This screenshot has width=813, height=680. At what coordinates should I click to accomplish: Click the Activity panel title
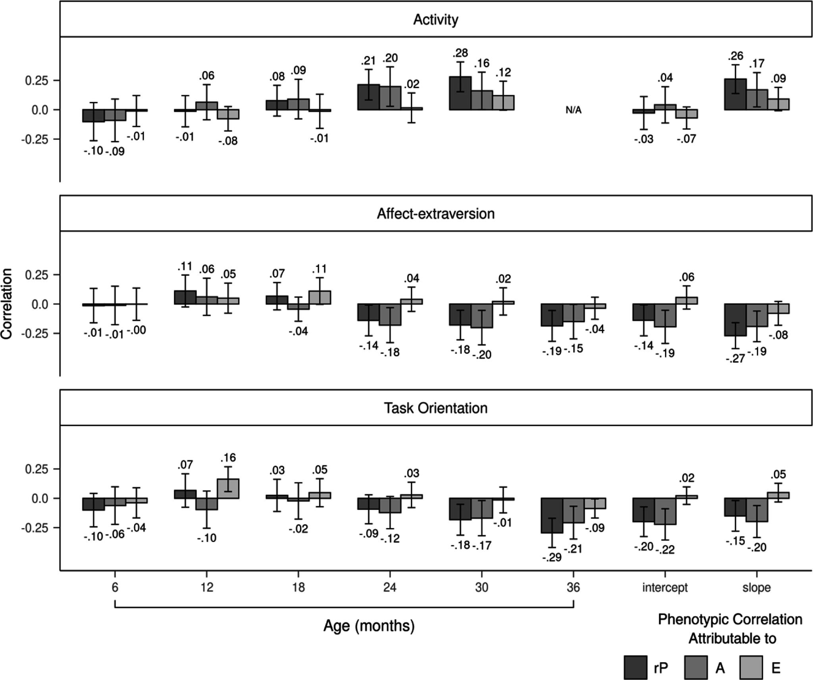435,19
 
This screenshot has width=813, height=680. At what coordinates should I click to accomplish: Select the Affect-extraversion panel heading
435,214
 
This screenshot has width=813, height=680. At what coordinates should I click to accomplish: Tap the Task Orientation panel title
435,408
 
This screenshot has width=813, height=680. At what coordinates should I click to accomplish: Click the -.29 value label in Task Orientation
552,557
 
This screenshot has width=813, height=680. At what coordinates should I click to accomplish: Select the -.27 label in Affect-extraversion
736,359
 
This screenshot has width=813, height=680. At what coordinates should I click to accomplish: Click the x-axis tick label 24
390,588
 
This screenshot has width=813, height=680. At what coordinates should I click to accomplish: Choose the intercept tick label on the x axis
665,588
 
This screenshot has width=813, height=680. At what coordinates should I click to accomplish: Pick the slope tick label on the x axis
756,588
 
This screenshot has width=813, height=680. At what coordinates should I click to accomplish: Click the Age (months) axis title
369,626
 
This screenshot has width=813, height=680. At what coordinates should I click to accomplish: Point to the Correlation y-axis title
7,304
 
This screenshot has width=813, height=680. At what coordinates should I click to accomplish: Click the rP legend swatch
636,667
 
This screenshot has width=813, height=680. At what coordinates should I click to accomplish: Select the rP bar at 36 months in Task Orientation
552,515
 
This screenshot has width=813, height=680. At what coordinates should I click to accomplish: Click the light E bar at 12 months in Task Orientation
228,488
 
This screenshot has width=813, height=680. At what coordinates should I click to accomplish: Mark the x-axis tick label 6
115,588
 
